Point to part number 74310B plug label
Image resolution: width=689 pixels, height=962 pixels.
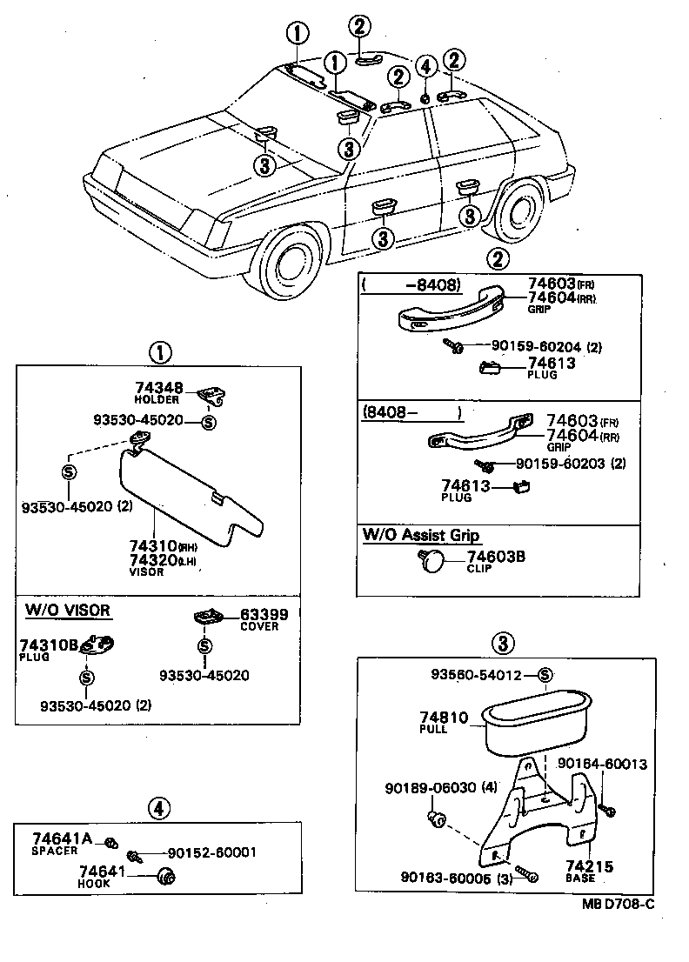pyautogui.click(x=49, y=645)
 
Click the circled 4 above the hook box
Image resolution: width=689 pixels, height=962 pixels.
pyautogui.click(x=158, y=808)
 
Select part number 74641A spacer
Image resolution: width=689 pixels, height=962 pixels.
pyautogui.click(x=62, y=838)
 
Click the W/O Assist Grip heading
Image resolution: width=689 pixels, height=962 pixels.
pyautogui.click(x=422, y=536)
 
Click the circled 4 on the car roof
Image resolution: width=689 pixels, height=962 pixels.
pyautogui.click(x=425, y=65)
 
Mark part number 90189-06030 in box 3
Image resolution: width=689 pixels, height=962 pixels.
pyautogui.click(x=430, y=788)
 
